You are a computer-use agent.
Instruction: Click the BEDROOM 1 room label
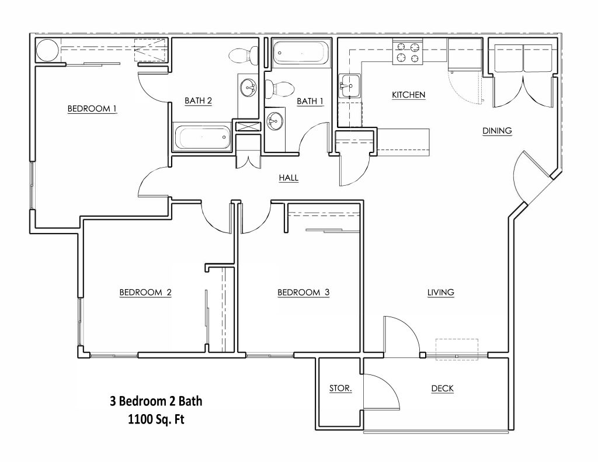pos(92,109)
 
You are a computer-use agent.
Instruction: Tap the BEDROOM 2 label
pos(145,293)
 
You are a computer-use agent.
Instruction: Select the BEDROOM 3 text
pos(303,293)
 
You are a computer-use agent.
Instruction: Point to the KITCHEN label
pos(408,95)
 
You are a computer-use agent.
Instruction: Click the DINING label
pos(497,131)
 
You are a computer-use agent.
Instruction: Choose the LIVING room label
pos(440,293)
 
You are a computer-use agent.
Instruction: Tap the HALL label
pos(288,178)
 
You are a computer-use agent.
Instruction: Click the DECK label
pos(443,389)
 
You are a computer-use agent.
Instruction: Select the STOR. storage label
pos(340,389)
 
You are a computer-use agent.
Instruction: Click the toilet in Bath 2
pos(244,55)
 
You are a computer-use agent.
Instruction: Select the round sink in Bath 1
pos(274,120)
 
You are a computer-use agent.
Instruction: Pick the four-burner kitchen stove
pos(408,52)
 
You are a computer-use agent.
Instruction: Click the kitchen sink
pos(349,86)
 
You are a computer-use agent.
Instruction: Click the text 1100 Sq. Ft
pos(156,419)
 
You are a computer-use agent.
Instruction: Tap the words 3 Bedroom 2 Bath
pos(156,401)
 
